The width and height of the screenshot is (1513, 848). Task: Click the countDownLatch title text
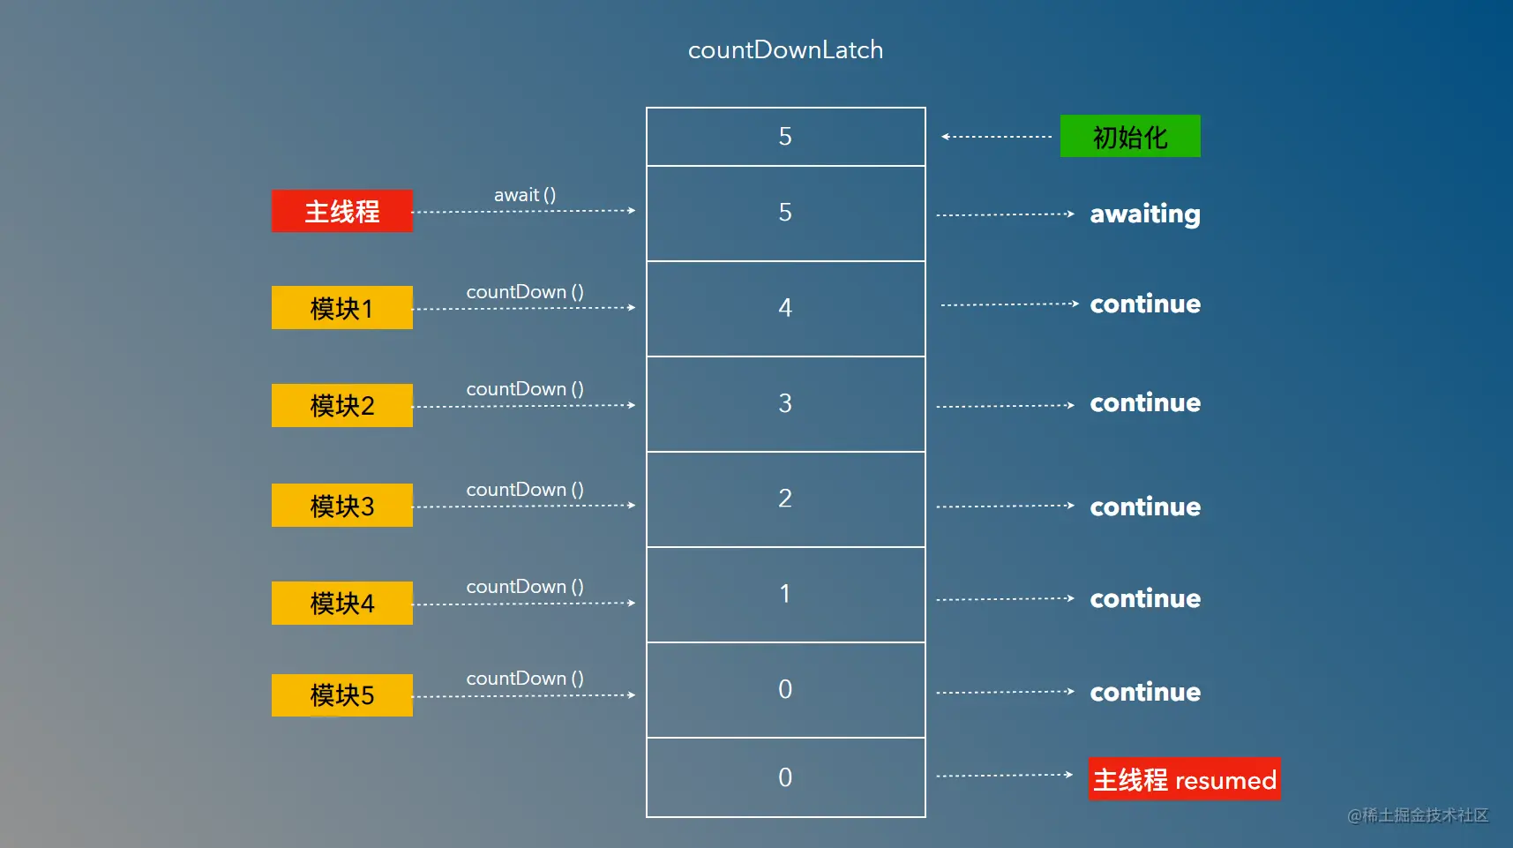785,50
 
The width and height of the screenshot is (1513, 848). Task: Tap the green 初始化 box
1130,136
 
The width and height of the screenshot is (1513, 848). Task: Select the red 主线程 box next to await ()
342,211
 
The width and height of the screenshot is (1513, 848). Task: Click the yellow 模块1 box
342,308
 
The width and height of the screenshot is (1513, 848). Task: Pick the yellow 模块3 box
342,506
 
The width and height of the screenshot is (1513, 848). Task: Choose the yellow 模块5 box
342,695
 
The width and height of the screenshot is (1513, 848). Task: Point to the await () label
525,195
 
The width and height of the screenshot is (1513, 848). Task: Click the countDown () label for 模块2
525,389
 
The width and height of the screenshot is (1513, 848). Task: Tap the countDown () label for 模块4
525,587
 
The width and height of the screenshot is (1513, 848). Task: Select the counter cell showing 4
785,309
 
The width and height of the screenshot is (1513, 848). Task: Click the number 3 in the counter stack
785,403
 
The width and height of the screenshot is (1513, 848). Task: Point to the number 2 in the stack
785,499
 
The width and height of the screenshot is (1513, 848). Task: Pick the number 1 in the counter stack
785,594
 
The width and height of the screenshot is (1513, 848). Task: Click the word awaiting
1145,214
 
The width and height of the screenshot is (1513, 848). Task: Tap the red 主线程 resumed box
1185,779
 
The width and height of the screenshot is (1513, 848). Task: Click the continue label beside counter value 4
1145,304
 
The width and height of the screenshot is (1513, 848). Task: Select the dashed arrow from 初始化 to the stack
997,137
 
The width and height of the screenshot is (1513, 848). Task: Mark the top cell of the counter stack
785,137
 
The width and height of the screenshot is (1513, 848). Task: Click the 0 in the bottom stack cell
785,777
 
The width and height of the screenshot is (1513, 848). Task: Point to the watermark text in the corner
1418,815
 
